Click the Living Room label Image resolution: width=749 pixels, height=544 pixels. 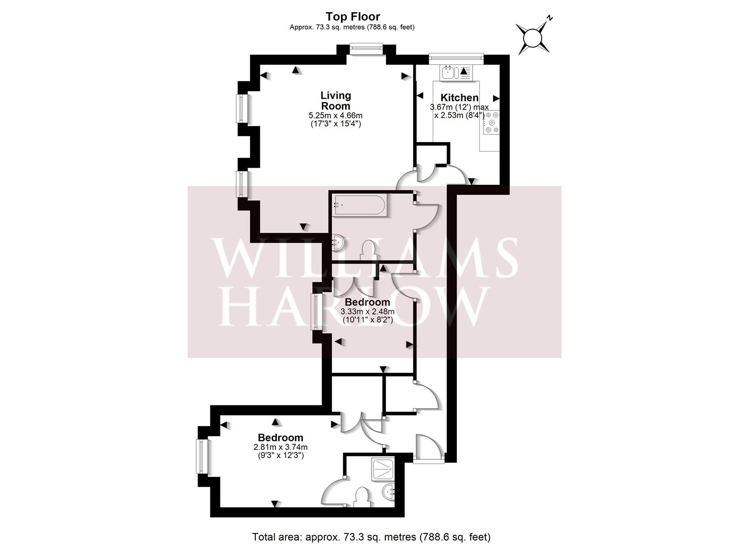[x=336, y=101]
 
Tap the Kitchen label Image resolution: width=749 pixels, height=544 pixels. [x=459, y=98]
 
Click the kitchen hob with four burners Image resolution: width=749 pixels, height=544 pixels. [x=492, y=122]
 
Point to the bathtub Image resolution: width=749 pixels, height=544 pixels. [x=360, y=205]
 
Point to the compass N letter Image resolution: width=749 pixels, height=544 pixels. [x=550, y=18]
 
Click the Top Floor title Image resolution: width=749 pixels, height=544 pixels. [x=353, y=16]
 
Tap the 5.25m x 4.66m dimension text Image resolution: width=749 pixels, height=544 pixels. [x=335, y=115]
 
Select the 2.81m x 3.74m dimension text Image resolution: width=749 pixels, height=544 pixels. [x=280, y=447]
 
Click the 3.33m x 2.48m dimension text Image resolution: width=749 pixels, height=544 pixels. [x=368, y=312]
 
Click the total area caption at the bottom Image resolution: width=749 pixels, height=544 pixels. [x=371, y=528]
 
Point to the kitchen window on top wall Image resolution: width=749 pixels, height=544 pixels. [x=457, y=58]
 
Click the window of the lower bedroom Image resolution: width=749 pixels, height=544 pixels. [x=202, y=456]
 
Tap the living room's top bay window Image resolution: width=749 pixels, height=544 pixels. [x=367, y=48]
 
